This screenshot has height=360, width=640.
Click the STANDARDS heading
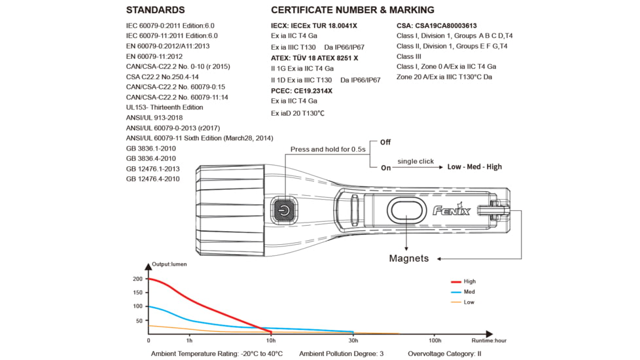click(x=155, y=10)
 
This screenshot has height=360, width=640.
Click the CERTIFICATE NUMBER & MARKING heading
click(x=352, y=10)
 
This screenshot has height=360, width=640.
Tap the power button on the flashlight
click(x=283, y=211)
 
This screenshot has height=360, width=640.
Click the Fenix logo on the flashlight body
click(x=452, y=210)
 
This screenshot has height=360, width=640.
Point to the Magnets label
click(x=409, y=258)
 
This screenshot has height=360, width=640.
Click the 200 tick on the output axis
click(x=137, y=279)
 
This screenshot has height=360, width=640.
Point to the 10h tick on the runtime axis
click(x=270, y=341)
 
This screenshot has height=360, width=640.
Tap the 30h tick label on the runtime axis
click(x=353, y=341)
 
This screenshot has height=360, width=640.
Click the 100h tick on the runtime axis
click(x=435, y=341)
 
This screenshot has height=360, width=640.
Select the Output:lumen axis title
click(x=170, y=264)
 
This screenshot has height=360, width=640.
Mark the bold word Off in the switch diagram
click(x=385, y=142)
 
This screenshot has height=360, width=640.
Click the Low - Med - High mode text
click(x=474, y=167)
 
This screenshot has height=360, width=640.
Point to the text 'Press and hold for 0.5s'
click(x=328, y=149)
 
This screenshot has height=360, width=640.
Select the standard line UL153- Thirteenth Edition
click(x=164, y=107)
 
